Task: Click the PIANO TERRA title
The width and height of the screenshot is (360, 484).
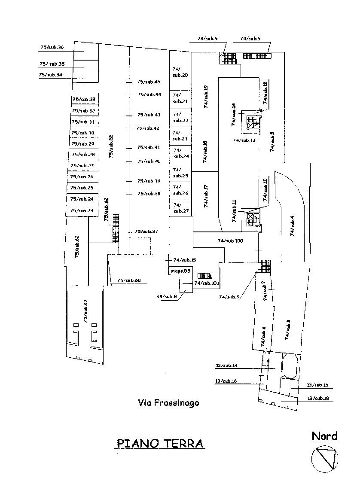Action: (x=160, y=443)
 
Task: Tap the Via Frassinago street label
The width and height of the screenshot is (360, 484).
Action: (x=168, y=403)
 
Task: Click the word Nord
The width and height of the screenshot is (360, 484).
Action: (x=324, y=436)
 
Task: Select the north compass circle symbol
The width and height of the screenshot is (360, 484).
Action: (x=324, y=458)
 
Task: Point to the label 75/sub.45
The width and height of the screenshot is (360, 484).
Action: (x=149, y=82)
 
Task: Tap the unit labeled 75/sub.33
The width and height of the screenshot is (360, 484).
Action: (x=83, y=100)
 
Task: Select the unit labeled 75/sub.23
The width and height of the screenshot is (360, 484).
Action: (x=82, y=210)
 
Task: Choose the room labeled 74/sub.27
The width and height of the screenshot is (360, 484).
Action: (x=180, y=208)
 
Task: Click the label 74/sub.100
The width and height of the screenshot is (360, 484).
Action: (x=230, y=241)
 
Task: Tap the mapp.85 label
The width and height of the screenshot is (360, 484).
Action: (x=180, y=271)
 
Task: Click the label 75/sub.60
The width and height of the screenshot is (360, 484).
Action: (x=129, y=280)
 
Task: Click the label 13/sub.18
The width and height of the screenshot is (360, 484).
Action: (x=318, y=399)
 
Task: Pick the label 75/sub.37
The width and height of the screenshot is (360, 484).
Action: (x=146, y=231)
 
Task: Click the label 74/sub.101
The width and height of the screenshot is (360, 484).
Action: (x=207, y=283)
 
